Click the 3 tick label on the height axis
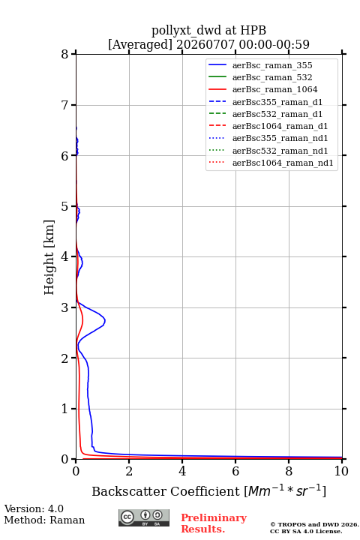(x=64, y=307)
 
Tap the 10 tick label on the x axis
(x=341, y=471)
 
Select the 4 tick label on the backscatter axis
(x=182, y=471)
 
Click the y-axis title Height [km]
(x=49, y=257)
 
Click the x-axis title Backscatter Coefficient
(x=166, y=491)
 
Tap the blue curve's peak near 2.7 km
(x=105, y=321)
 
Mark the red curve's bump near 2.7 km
(x=83, y=322)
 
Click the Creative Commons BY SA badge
(x=144, y=517)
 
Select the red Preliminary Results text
(x=214, y=523)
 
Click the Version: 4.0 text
(x=34, y=508)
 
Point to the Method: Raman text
(x=44, y=520)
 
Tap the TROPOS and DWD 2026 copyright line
(x=314, y=524)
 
